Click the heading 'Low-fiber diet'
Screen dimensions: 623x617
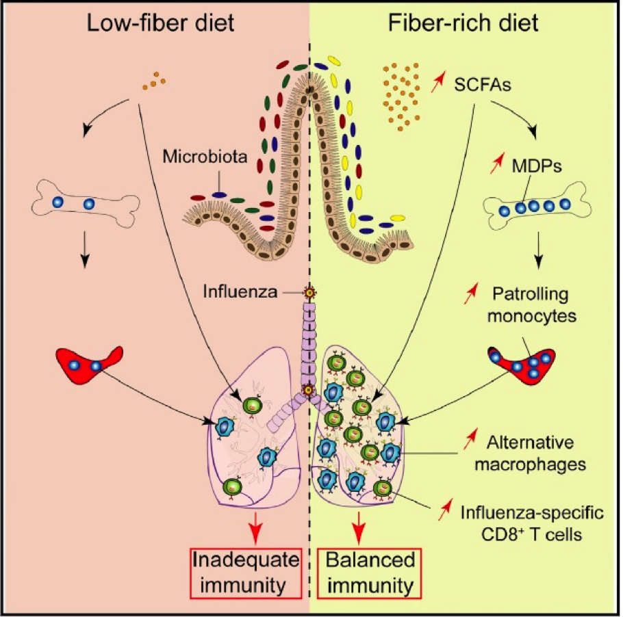(x=160, y=23)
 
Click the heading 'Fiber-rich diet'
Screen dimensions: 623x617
(x=463, y=23)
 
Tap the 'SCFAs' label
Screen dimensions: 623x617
(x=483, y=84)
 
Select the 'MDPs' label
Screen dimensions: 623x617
(x=537, y=166)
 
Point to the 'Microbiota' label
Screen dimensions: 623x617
(x=205, y=157)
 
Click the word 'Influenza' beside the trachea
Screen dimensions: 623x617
(x=240, y=292)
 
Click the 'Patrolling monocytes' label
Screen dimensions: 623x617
(x=532, y=305)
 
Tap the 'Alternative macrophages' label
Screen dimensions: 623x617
(x=531, y=453)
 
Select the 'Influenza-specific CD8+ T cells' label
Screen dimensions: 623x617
(x=532, y=523)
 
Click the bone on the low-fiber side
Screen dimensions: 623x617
(x=86, y=204)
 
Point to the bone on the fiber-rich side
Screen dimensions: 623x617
(x=537, y=206)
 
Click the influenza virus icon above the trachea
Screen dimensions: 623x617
(x=309, y=293)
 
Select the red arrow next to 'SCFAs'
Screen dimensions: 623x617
(x=438, y=81)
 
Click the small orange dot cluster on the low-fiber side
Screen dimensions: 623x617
(x=154, y=81)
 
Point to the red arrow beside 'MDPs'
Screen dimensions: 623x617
(x=496, y=163)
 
